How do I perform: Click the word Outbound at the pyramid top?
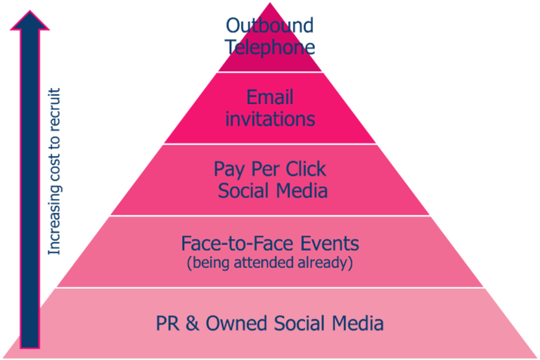click(270, 25)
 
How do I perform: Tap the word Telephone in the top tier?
click(270, 47)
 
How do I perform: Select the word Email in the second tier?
click(270, 97)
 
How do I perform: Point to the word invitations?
click(270, 119)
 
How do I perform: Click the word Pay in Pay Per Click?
click(229, 170)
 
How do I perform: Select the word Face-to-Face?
click(237, 243)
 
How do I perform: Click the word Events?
click(330, 243)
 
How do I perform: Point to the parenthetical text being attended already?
click(270, 262)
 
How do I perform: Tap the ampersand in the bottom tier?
click(192, 323)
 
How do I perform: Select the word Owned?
click(236, 323)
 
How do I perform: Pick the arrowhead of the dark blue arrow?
click(30, 20)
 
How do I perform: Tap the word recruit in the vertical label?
click(54, 110)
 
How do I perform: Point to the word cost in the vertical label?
click(54, 169)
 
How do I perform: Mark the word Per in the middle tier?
click(265, 169)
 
